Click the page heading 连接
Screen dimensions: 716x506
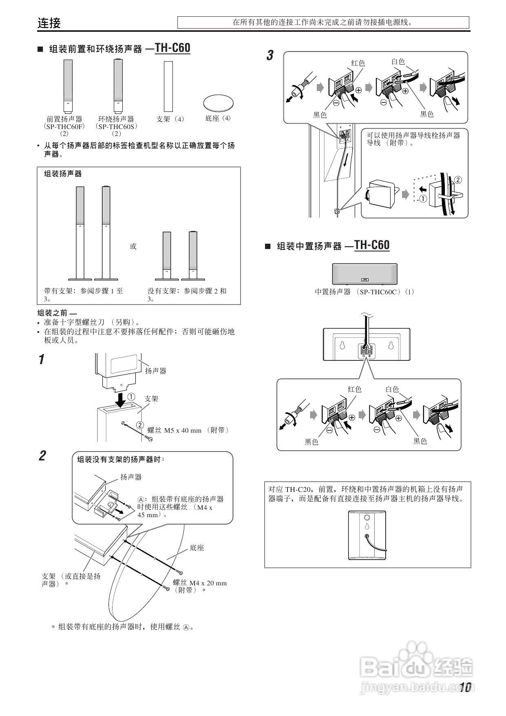(49, 23)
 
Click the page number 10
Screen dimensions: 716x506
(465, 688)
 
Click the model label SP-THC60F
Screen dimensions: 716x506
(64, 127)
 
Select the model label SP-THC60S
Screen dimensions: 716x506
(116, 127)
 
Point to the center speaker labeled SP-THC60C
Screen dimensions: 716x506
(365, 274)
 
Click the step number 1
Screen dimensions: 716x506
(41, 360)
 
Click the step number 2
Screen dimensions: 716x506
(42, 456)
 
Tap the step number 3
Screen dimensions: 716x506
(270, 56)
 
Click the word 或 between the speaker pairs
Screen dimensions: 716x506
(133, 246)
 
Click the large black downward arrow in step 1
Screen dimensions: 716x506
(121, 400)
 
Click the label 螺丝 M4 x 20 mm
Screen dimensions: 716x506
(200, 583)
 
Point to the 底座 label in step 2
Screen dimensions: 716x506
(197, 548)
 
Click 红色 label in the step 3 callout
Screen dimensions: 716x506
(358, 63)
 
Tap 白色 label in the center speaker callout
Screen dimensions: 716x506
(392, 389)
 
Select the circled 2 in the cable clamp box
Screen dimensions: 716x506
(458, 180)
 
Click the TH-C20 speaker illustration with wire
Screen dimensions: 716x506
(367, 535)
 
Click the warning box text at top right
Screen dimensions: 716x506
(323, 22)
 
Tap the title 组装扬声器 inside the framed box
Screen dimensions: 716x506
(63, 174)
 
